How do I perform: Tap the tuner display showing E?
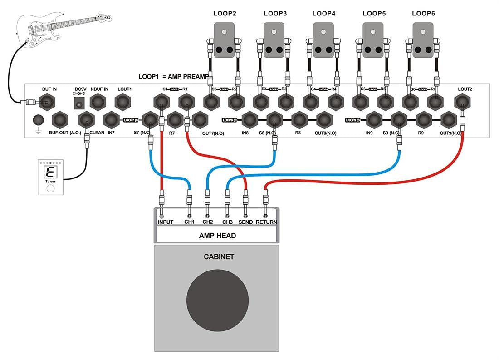pos(50,172)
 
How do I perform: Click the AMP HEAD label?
pos(217,236)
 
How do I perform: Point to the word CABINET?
pos(219,257)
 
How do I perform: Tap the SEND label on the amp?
pos(245,222)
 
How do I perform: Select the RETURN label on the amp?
pos(266,222)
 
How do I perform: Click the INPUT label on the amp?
pos(166,222)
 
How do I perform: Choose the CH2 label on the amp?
pos(208,222)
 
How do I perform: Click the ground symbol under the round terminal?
pos(39,131)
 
